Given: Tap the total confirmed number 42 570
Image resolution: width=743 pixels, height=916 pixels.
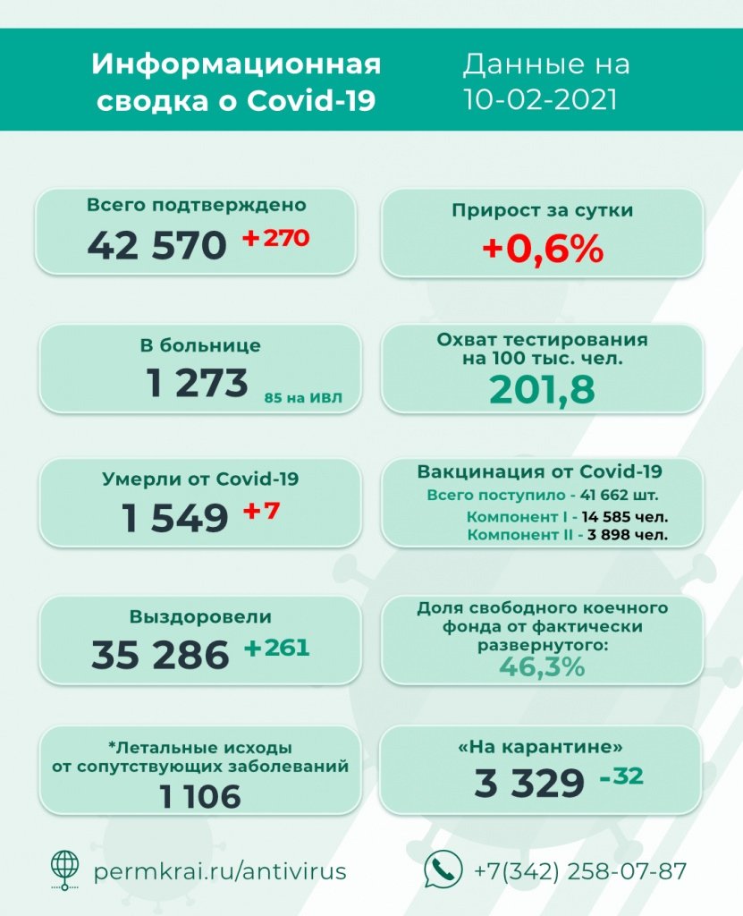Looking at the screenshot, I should [x=156, y=243].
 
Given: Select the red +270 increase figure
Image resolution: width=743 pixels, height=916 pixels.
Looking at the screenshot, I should [x=276, y=239].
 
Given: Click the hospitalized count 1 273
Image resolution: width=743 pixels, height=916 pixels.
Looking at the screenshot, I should [x=198, y=383].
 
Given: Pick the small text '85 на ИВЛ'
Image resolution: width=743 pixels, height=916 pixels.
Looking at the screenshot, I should [x=304, y=396].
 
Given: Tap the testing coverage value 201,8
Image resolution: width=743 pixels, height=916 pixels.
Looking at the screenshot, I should [x=542, y=389].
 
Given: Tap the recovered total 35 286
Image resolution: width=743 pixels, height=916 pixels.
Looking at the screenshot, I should [x=160, y=654].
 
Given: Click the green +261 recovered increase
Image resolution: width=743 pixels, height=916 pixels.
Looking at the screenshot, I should [x=276, y=648].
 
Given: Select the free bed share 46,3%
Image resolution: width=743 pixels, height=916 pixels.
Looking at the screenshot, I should [x=542, y=666].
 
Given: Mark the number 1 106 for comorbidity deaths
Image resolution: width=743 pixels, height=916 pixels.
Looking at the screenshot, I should [x=200, y=795].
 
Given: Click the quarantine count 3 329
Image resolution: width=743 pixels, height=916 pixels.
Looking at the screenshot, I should [x=529, y=784].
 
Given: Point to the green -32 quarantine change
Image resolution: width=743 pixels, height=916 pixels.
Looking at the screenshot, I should [x=621, y=776].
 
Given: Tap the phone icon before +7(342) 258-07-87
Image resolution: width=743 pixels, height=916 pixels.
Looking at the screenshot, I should [x=443, y=869].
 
